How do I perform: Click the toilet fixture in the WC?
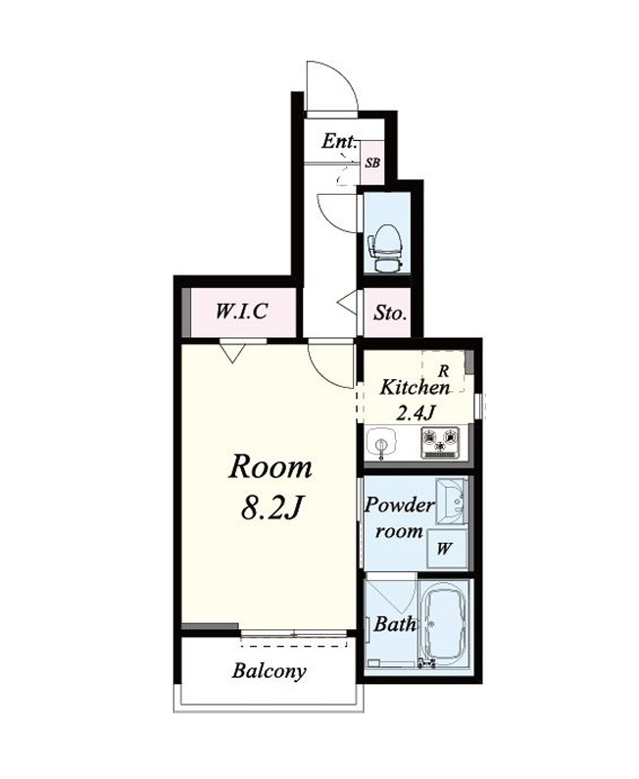385,248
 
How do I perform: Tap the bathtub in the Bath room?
444,623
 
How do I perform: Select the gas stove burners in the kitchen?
440,442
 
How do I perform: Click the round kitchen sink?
381,443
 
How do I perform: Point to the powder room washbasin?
452,502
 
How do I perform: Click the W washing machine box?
447,549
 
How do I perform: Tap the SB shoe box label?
372,163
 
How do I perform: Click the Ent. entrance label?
339,141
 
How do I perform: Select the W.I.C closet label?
241,312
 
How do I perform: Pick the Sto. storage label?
390,313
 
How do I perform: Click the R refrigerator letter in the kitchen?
444,370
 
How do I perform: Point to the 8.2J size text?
271,508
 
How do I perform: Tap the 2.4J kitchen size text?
416,412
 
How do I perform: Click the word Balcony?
269,671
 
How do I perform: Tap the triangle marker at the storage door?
348,302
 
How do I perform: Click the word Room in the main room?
270,467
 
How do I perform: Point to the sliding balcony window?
294,634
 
